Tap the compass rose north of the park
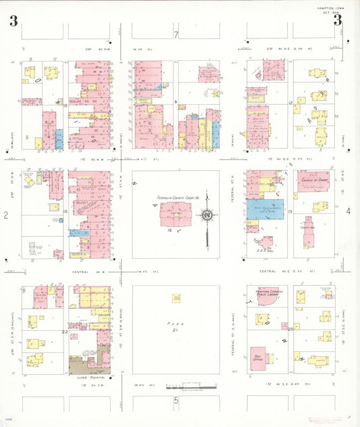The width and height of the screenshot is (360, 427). [206, 216]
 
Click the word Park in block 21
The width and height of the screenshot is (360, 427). [175, 324]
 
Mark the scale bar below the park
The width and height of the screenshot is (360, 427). [192, 388]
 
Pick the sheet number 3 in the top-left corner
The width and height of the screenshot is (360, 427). [14, 21]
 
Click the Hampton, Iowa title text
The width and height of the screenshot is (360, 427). [331, 8]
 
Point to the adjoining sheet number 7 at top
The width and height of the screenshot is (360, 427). [176, 35]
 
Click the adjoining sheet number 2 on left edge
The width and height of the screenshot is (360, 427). [5, 215]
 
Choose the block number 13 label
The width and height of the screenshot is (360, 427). [289, 212]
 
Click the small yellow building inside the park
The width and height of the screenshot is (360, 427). [176, 298]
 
